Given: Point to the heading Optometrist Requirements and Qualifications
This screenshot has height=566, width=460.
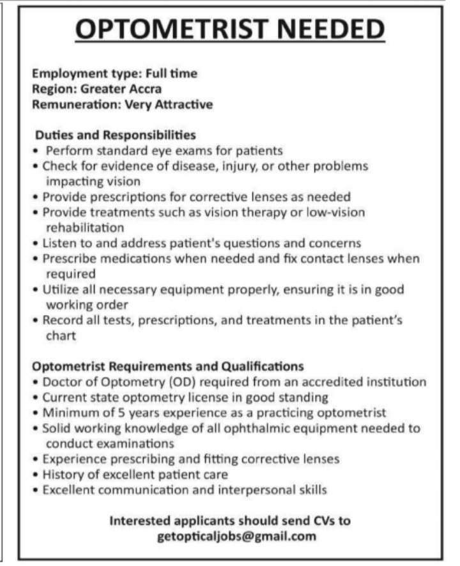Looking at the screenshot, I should point(168,367).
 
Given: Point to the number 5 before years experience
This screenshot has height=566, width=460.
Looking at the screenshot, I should point(103,413).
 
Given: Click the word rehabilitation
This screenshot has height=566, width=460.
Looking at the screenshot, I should point(84,227).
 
